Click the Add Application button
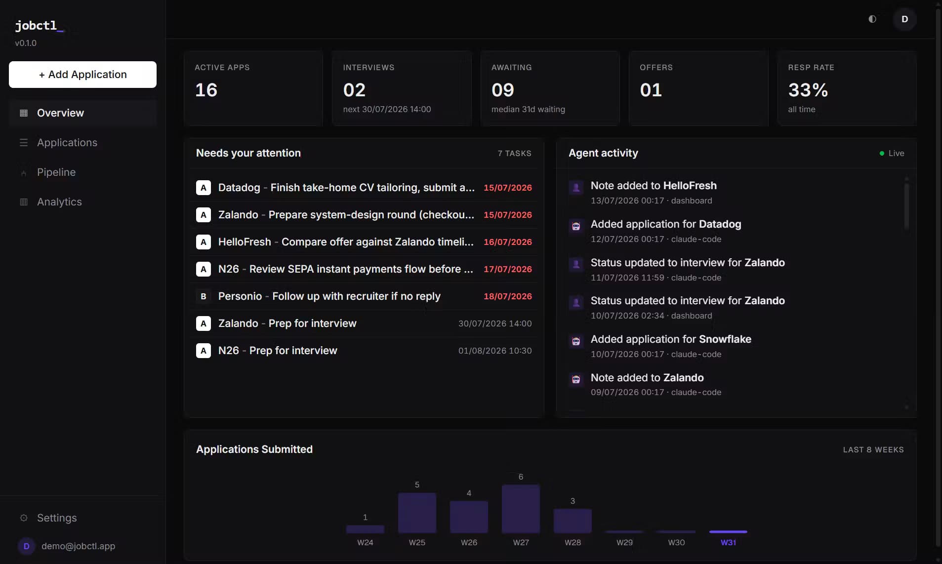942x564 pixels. pyautogui.click(x=82, y=75)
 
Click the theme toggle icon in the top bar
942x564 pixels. pyautogui.click(x=872, y=19)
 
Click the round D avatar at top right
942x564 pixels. pyautogui.click(x=904, y=19)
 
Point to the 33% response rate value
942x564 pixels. pyautogui.click(x=808, y=90)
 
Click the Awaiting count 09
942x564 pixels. pyautogui.click(x=502, y=90)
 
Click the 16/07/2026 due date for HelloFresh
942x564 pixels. pyautogui.click(x=507, y=242)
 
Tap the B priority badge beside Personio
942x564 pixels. pyautogui.click(x=204, y=296)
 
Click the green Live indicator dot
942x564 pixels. pyautogui.click(x=882, y=154)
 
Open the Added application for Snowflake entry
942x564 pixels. pyautogui.click(x=670, y=339)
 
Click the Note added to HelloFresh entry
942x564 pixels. pyautogui.click(x=654, y=186)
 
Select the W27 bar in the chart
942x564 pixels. pyautogui.click(x=521, y=509)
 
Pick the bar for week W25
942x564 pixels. pyautogui.click(x=417, y=513)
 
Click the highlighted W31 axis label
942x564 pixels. pyautogui.click(x=728, y=542)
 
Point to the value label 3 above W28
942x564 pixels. pyautogui.click(x=573, y=501)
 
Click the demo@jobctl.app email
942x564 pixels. pyautogui.click(x=78, y=546)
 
